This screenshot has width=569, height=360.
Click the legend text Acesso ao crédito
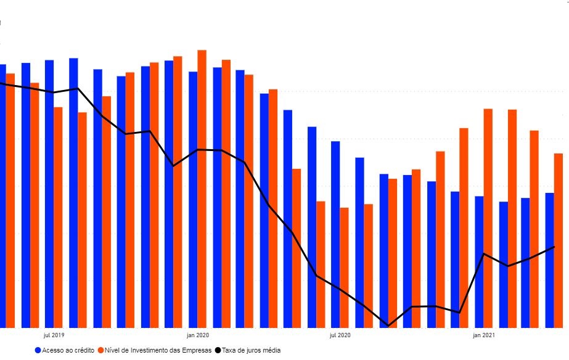pos(68,350)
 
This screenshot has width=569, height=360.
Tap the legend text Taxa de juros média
pos(251,350)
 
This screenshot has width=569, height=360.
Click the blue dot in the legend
pos(38,350)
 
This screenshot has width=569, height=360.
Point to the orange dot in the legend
pos(100,350)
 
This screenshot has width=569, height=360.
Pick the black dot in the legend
pos(218,350)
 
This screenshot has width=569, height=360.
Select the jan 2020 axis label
pos(197,335)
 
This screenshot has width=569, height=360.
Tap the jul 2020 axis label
pos(340,335)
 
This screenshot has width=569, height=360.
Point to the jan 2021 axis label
pos(483,335)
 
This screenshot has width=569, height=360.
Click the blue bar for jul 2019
pos(49,194)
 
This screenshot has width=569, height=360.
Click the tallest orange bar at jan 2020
pos(202,189)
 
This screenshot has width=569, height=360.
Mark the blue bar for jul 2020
pos(335,234)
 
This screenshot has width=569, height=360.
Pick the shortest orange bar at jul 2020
pos(344,268)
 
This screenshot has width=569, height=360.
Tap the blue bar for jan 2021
pos(479,261)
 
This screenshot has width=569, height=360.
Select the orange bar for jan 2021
pos(488,218)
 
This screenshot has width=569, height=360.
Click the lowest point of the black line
pos(388,325)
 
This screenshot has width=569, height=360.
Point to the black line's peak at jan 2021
pos(485,253)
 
